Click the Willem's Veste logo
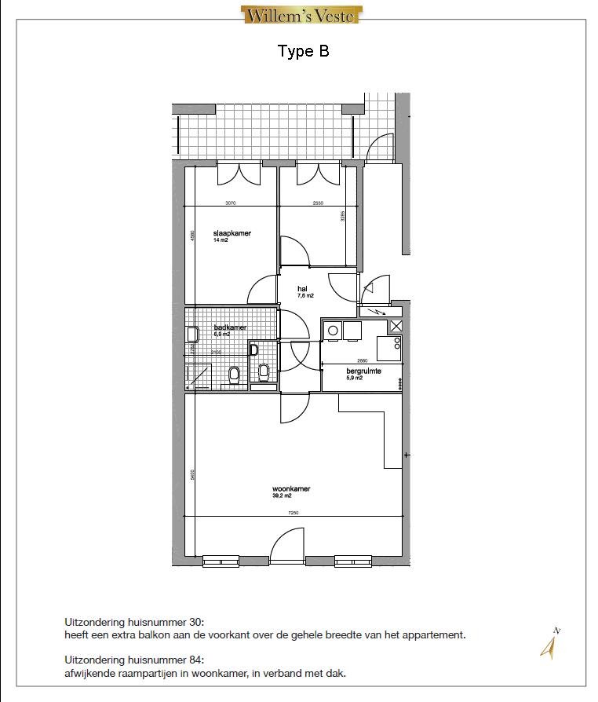(x=301, y=15)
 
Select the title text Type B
(x=303, y=52)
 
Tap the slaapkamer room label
(x=232, y=234)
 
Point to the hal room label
(x=302, y=290)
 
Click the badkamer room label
(x=231, y=327)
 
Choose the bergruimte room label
(x=363, y=371)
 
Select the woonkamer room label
(x=290, y=488)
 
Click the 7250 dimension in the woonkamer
(x=293, y=513)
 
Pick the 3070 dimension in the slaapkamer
(x=230, y=203)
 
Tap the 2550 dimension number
(x=318, y=203)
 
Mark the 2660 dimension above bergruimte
(x=363, y=361)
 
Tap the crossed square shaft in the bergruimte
(x=396, y=327)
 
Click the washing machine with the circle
(x=334, y=331)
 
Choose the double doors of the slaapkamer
(x=239, y=174)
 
